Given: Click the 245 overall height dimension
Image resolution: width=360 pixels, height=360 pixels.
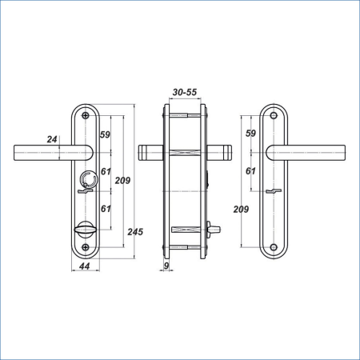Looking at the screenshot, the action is click(x=135, y=232).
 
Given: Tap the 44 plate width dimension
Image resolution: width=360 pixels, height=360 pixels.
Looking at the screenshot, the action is click(x=85, y=266).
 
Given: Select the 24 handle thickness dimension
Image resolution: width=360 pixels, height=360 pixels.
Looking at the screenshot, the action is click(x=52, y=139).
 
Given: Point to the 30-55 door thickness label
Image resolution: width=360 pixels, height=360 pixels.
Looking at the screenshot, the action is click(x=185, y=92).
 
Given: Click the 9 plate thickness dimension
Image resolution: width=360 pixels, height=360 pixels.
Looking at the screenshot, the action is click(x=166, y=266).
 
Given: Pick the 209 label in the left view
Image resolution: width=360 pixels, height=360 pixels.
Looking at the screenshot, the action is click(x=122, y=181).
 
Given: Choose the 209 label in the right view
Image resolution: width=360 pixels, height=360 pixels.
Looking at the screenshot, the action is click(x=241, y=210).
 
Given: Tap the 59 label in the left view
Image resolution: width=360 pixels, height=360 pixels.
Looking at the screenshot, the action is click(x=105, y=134).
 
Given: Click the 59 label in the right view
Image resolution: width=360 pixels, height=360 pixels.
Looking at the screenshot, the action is click(x=250, y=134).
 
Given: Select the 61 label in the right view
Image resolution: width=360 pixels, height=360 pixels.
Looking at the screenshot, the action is click(x=250, y=171).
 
